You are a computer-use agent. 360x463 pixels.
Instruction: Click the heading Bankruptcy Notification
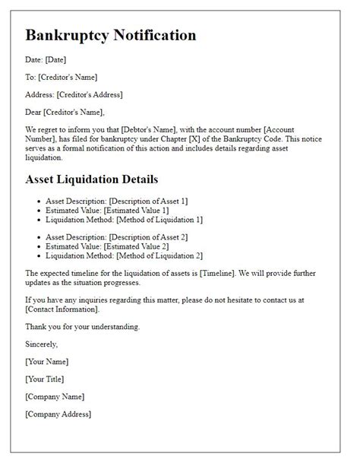click(x=111, y=36)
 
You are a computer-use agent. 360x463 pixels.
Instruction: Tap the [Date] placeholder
click(x=55, y=60)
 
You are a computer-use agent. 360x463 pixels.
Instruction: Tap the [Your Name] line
click(x=47, y=361)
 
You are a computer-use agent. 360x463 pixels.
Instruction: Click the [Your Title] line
click(x=44, y=379)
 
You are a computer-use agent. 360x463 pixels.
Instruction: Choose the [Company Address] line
click(x=58, y=414)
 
